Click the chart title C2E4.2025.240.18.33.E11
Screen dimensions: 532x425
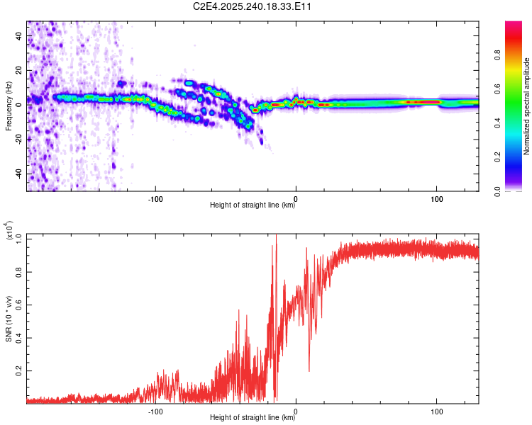pyautogui.click(x=252, y=6)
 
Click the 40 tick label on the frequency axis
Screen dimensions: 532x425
pyautogui.click(x=19, y=35)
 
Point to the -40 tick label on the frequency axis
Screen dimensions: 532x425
pyautogui.click(x=19, y=174)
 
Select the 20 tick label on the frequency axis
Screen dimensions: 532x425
pyautogui.click(x=19, y=70)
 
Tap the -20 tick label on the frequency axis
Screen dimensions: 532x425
pyautogui.click(x=19, y=140)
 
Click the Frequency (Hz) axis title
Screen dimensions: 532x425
pyautogui.click(x=9, y=106)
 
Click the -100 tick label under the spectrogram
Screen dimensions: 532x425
pyautogui.click(x=155, y=199)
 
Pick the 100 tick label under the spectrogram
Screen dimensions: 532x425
pyautogui.click(x=437, y=199)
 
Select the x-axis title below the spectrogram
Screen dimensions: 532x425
pyautogui.click(x=253, y=205)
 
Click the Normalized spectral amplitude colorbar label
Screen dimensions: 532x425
pyautogui.click(x=526, y=106)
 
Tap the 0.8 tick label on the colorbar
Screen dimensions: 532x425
pyautogui.click(x=497, y=55)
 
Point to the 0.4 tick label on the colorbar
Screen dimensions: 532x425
pyautogui.click(x=497, y=123)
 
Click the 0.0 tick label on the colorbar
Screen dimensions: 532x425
pyautogui.click(x=497, y=191)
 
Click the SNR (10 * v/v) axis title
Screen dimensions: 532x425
pyautogui.click(x=9, y=319)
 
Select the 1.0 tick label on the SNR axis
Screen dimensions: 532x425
pyautogui.click(x=19, y=239)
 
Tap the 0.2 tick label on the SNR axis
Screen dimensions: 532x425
pyautogui.click(x=19, y=370)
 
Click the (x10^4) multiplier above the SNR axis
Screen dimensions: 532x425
pyautogui.click(x=9, y=230)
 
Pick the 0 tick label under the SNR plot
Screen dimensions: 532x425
pyautogui.click(x=296, y=412)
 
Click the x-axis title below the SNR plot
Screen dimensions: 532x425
pyautogui.click(x=253, y=417)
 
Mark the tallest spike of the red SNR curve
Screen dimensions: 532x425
pyautogui.click(x=276, y=235)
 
